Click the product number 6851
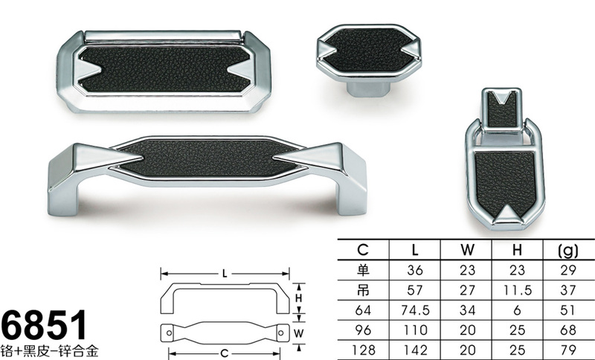tap(45, 325)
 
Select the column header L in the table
tap(415, 250)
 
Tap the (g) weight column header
tap(568, 251)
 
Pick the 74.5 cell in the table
tap(415, 310)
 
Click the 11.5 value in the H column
tap(518, 290)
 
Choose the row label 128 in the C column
tap(363, 350)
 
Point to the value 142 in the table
tap(415, 350)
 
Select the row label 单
tap(363, 270)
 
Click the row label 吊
tap(363, 290)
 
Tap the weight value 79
tap(568, 350)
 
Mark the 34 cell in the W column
tap(467, 310)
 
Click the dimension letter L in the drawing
tap(225, 274)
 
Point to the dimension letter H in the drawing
tap(299, 298)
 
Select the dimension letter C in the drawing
tap(225, 353)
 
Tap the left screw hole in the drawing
tap(170, 332)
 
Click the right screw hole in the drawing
tap(281, 332)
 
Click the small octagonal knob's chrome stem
tap(368, 89)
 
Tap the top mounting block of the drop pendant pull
tap(501, 110)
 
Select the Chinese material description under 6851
tap(50, 350)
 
